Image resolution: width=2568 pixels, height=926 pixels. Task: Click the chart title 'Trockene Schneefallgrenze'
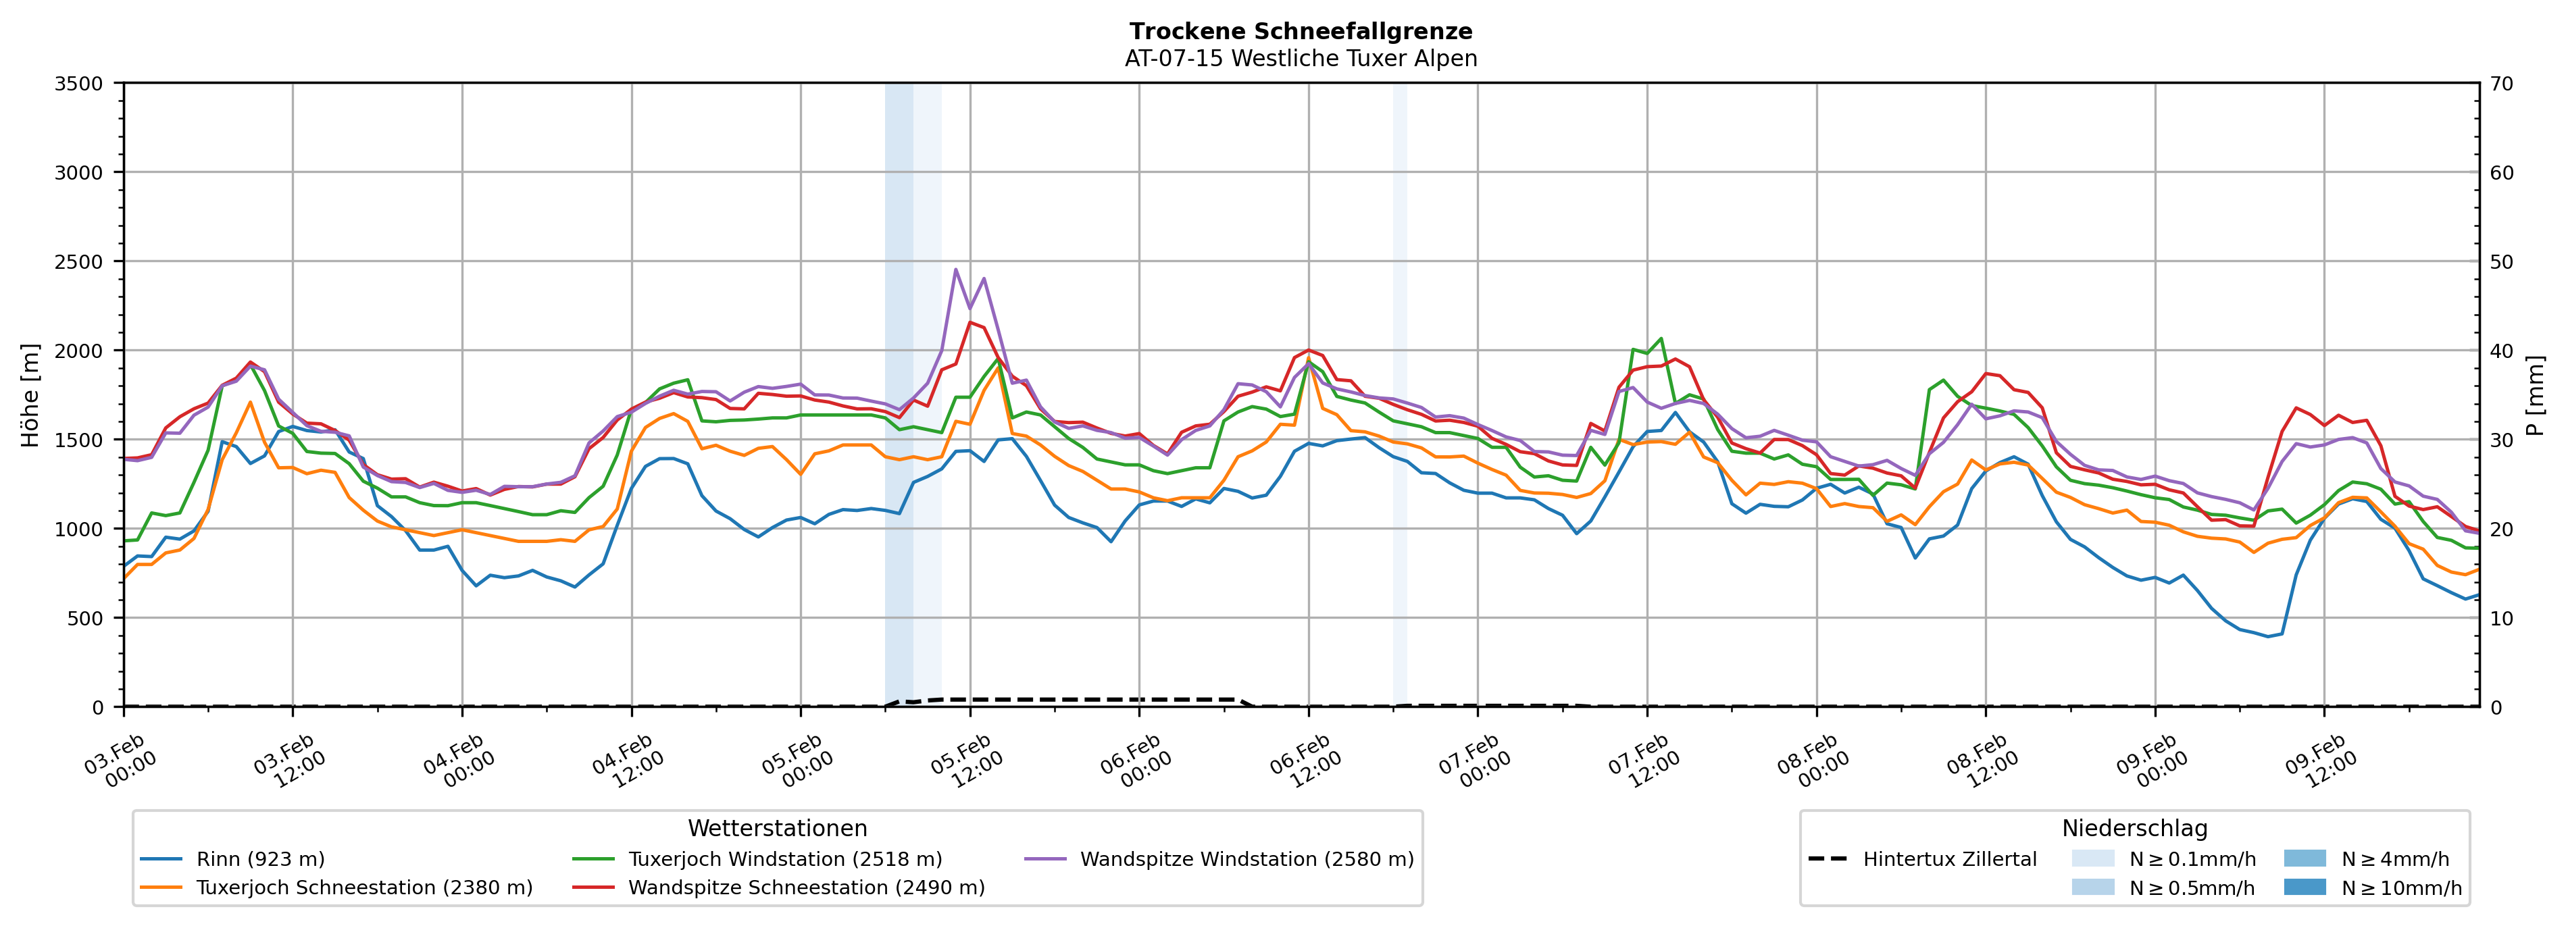click(1301, 32)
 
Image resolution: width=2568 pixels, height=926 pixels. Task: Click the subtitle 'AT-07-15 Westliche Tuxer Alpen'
click(1301, 59)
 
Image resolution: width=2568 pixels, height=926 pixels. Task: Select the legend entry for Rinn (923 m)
click(260, 859)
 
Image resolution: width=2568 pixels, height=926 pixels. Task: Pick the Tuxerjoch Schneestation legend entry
click(364, 888)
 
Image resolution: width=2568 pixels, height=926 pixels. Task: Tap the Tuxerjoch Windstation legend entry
click(784, 859)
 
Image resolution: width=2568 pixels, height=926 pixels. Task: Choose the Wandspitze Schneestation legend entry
click(805, 888)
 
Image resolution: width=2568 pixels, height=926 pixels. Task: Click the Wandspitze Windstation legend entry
click(1246, 859)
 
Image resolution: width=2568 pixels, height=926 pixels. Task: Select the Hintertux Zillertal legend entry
click(1949, 859)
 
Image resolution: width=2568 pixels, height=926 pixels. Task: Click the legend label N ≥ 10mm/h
click(2400, 888)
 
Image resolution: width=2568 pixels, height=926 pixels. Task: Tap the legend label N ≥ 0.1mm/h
click(2191, 859)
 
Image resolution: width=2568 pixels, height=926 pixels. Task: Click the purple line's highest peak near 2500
click(956, 269)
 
